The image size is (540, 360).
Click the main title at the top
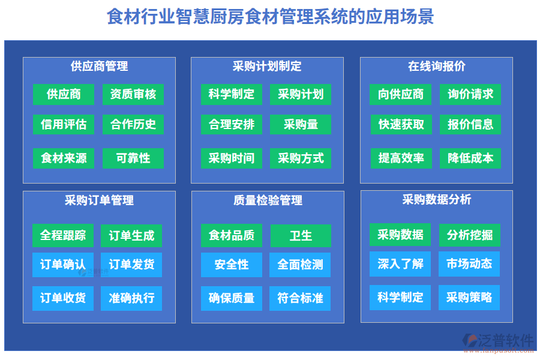[x=270, y=16]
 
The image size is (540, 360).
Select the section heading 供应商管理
[x=99, y=67]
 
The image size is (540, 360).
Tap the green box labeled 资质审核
[x=133, y=94]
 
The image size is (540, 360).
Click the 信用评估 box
[x=64, y=124]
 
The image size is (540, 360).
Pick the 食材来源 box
[x=64, y=158]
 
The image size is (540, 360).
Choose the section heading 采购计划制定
[x=267, y=67]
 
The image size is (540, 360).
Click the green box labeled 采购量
[x=301, y=124]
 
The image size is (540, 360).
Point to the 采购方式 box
[x=301, y=158]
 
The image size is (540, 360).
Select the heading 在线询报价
[x=436, y=67]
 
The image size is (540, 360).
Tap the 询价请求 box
[x=470, y=94]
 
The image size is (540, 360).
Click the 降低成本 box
[x=470, y=158]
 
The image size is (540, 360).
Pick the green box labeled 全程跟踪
[x=63, y=236]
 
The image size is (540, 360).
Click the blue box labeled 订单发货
[x=131, y=265]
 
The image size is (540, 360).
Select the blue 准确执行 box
[x=131, y=298]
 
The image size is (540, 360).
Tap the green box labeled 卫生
[x=301, y=236]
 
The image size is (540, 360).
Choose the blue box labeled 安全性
[x=232, y=265]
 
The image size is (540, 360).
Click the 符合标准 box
[x=301, y=298]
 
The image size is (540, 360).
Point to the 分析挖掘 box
[x=469, y=235]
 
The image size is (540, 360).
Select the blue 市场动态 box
[x=469, y=263]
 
